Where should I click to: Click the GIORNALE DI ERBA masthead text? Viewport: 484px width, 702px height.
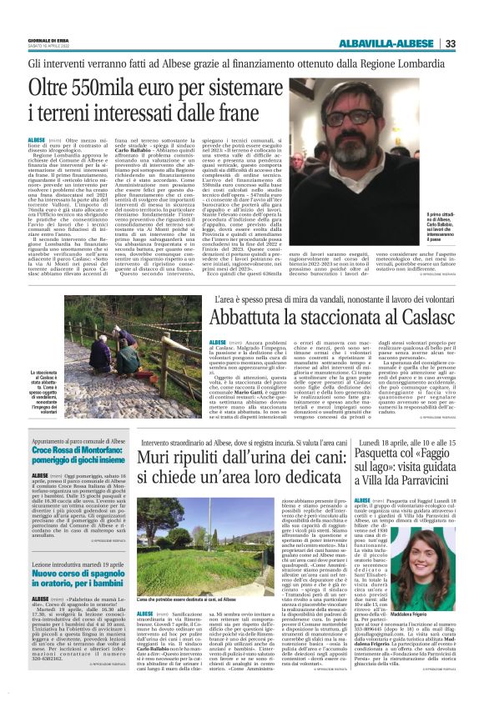(x=48, y=41)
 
